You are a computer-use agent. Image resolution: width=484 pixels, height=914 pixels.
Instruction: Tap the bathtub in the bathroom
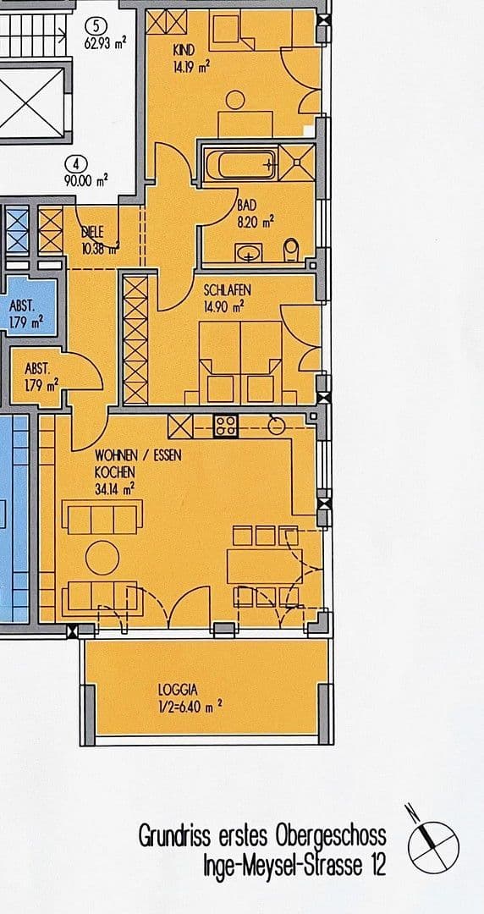click(239, 164)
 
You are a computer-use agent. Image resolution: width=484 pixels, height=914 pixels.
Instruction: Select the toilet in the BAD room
click(290, 251)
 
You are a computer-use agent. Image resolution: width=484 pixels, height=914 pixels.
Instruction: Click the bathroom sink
click(249, 253)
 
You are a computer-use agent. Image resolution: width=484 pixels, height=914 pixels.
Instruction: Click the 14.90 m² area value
click(223, 306)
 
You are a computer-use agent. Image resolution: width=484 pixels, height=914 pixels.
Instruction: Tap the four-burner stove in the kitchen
click(226, 426)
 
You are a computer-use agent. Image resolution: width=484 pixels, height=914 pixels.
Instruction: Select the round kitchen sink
click(277, 426)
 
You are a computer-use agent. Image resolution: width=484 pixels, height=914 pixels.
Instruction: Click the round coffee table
click(102, 558)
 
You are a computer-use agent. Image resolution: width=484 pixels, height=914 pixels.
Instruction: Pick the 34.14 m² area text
click(115, 489)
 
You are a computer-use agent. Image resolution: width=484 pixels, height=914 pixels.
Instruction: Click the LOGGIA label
click(178, 691)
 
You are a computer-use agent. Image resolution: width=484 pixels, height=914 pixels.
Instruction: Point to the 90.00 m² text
click(85, 181)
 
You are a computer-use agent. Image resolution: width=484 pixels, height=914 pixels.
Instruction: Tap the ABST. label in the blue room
click(21, 305)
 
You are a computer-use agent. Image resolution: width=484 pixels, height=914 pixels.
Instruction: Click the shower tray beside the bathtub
click(297, 162)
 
